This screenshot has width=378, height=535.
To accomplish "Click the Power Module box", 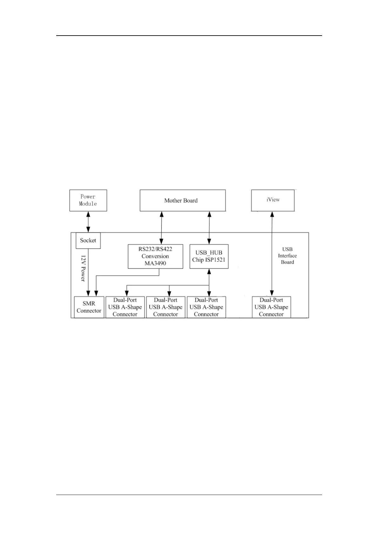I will point(88,200).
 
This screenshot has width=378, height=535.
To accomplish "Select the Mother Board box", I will point(183,200).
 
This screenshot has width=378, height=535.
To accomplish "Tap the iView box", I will point(273,200).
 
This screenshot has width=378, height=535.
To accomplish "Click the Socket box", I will point(88,240).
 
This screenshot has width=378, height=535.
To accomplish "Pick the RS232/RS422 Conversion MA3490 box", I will point(155,256).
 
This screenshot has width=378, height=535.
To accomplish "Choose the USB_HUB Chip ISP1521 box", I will point(209,256).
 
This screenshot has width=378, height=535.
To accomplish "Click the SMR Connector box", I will point(89,307).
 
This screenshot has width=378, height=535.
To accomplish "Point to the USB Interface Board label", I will point(287,256).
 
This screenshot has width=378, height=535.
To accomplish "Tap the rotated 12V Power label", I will point(83,268).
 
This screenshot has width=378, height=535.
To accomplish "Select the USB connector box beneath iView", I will point(271,307).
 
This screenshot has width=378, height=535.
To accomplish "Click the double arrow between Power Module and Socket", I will point(88,222).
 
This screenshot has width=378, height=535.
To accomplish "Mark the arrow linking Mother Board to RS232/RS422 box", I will point(162,228).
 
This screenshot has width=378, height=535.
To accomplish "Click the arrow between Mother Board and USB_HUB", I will point(209,228).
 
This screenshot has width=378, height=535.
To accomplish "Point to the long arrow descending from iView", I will point(272,254).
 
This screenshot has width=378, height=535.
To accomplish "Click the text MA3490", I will point(155,263).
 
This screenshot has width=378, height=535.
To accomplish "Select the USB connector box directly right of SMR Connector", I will point(125,307).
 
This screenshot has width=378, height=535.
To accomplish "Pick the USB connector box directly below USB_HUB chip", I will point(206,307).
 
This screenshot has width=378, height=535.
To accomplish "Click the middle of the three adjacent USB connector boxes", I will point(165,307).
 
